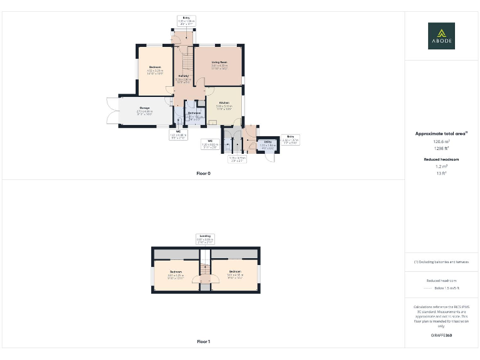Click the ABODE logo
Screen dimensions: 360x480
(x=441, y=36)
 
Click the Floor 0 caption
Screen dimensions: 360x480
(x=204, y=173)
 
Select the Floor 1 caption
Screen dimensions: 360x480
(x=204, y=342)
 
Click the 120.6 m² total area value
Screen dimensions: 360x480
(x=441, y=142)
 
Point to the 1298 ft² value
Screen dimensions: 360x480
(x=441, y=149)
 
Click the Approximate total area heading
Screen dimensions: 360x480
(x=441, y=134)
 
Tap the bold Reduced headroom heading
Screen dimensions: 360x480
(x=441, y=160)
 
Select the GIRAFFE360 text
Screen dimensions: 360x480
(x=441, y=336)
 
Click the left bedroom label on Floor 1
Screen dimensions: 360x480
(x=175, y=272)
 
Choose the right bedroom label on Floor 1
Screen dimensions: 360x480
(x=235, y=272)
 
